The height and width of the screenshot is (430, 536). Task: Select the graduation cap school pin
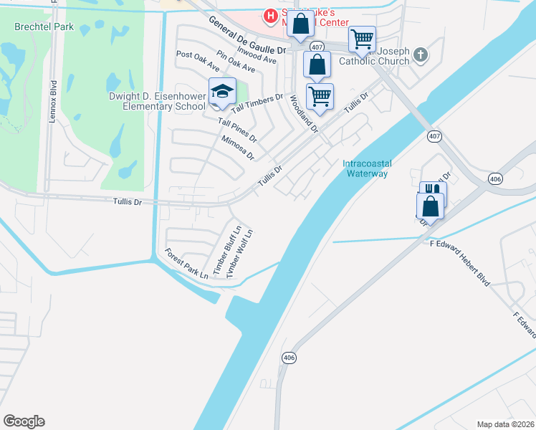click(x=222, y=92)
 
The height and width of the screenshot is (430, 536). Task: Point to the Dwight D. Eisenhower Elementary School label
click(x=157, y=101)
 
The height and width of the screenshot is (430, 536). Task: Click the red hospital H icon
click(x=270, y=14)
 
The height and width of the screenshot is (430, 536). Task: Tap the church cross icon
click(x=421, y=54)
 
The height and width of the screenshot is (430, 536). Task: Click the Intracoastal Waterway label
click(x=365, y=168)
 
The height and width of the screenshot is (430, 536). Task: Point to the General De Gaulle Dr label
click(x=247, y=34)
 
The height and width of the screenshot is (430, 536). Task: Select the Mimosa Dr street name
click(x=237, y=147)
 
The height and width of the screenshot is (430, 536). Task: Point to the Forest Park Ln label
click(x=186, y=264)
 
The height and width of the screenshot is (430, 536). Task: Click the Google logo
click(x=24, y=421)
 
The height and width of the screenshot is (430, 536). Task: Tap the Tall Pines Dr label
click(x=237, y=130)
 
